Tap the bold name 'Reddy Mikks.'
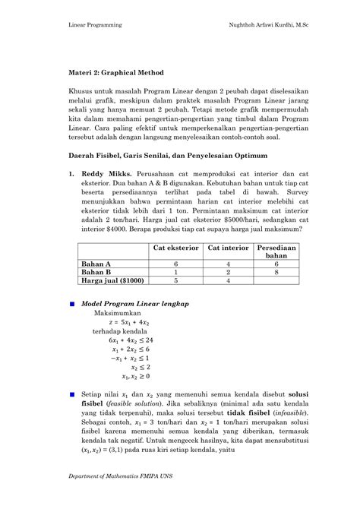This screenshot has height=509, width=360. point(103,173)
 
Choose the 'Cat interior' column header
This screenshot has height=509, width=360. point(229,248)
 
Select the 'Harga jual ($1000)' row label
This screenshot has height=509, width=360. point(114,280)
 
